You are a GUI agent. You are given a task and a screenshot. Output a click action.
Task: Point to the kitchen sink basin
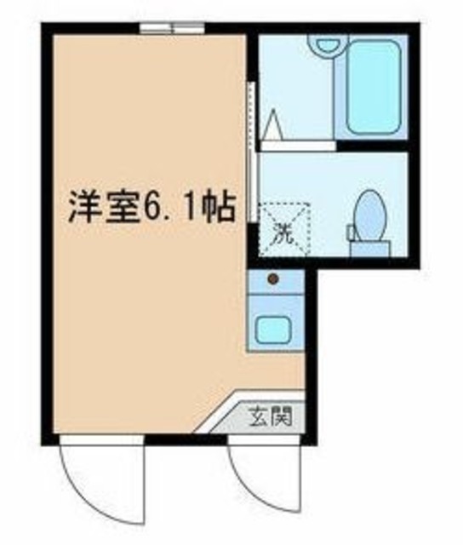click(x=274, y=328)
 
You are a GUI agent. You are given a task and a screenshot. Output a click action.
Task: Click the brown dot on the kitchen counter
click(x=273, y=278)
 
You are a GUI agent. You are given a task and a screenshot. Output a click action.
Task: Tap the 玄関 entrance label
click(x=270, y=418)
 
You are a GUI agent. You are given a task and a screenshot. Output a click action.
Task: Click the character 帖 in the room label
click(x=216, y=207)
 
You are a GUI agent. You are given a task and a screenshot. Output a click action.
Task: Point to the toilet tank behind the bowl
click(x=369, y=248)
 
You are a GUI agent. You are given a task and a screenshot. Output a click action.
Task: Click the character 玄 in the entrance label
click(x=258, y=418)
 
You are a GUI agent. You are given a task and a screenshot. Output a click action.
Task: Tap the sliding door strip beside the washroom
click(x=251, y=153)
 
